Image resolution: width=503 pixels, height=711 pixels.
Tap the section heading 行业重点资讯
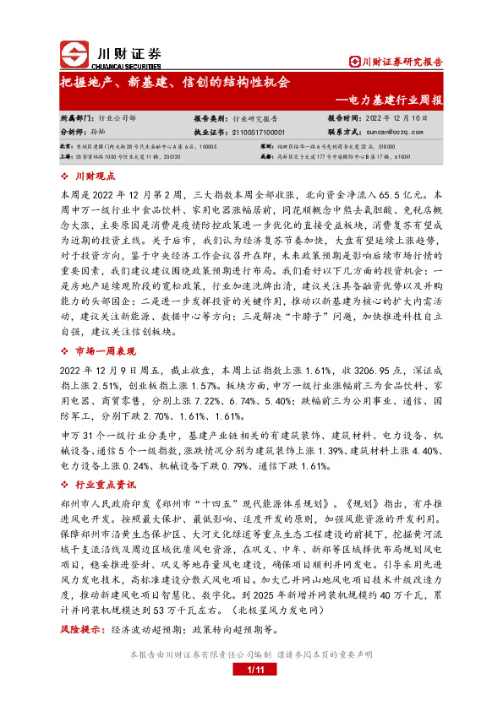[x=107, y=485]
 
